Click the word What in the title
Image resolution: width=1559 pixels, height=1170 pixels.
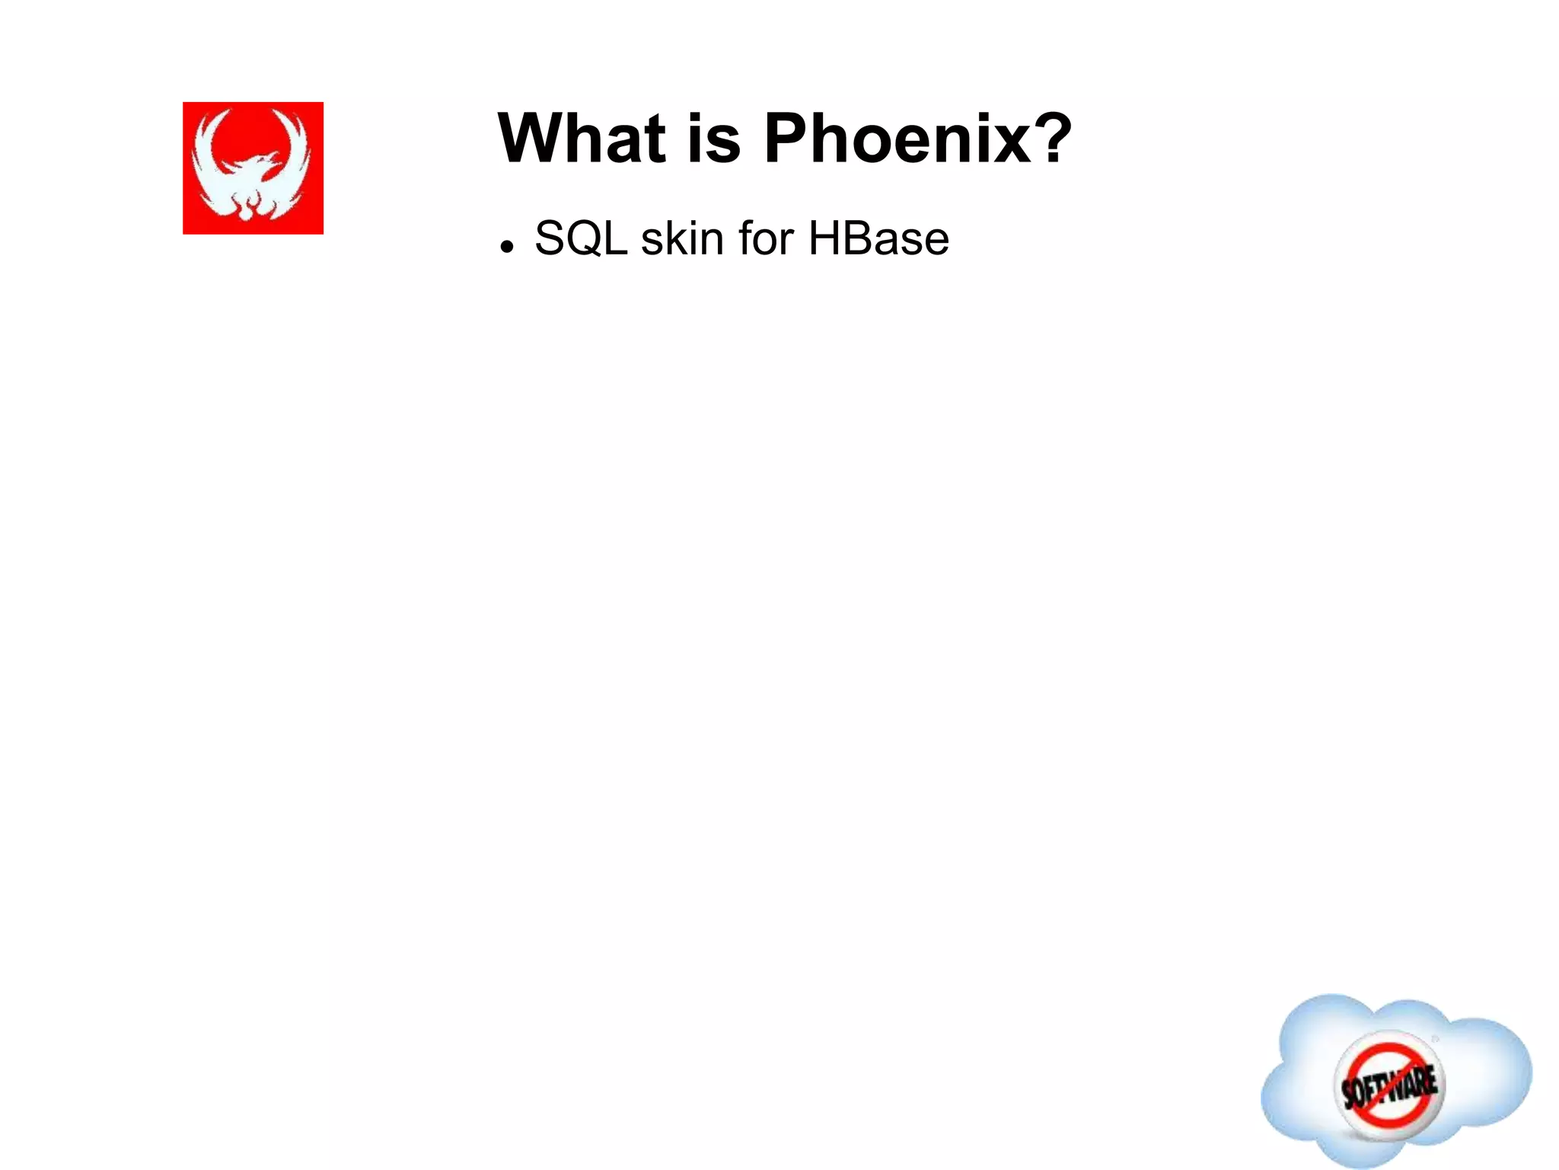[582, 139]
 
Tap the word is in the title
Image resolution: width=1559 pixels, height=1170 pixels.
[713, 139]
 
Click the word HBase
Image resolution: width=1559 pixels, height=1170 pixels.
[878, 238]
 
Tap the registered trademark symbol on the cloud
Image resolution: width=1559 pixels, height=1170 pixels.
[1435, 1039]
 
